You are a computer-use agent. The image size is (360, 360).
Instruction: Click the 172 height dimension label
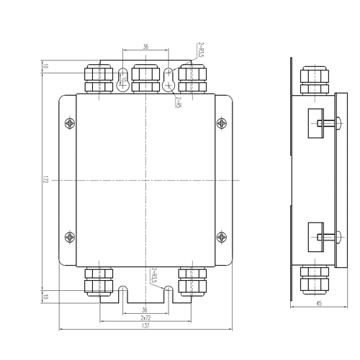point(45,180)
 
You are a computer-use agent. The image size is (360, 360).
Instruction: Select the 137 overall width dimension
point(145,325)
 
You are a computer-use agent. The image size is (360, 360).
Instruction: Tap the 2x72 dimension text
point(145,318)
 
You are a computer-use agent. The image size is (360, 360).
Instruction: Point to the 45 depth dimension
point(319,303)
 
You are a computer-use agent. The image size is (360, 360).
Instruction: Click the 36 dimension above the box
point(145,47)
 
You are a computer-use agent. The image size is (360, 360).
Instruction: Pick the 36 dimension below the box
point(145,310)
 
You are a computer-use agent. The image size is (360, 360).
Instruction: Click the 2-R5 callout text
point(178,102)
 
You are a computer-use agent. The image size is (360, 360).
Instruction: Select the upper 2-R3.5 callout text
point(201,50)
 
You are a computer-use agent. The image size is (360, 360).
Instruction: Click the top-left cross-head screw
point(70,124)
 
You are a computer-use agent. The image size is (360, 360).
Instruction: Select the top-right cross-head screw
point(222,124)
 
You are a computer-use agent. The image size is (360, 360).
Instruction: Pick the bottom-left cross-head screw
point(70,237)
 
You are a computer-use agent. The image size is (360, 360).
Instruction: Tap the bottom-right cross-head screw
point(222,237)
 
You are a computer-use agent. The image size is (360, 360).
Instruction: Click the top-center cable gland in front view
point(145,78)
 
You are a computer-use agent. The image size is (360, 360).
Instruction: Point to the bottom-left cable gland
point(99,282)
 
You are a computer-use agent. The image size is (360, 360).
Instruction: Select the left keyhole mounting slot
point(122,80)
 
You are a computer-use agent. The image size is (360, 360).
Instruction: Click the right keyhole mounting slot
point(169,80)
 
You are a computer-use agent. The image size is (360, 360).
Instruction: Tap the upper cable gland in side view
point(315,81)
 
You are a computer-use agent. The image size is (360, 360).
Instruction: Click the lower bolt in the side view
point(329,237)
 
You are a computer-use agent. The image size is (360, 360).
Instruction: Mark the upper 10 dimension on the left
point(45,66)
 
